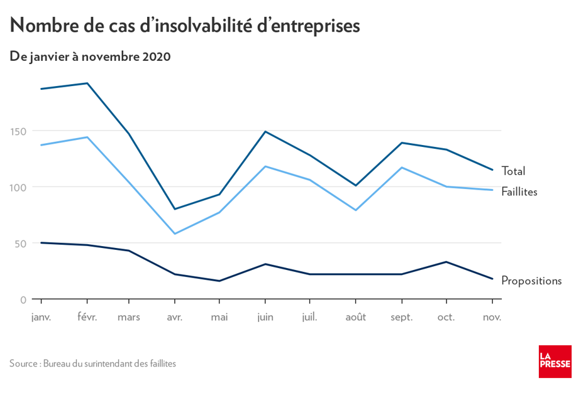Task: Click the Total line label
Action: tap(513, 171)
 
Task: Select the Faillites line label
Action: tap(519, 191)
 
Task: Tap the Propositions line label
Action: tap(531, 281)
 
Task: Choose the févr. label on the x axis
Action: tap(87, 317)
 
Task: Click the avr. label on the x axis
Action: tap(175, 317)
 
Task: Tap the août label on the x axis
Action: tap(355, 317)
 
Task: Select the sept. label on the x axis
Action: tap(401, 317)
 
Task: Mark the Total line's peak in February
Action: tap(87, 83)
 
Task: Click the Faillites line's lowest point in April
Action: tap(175, 234)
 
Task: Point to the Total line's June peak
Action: tap(265, 131)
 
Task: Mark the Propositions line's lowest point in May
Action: tap(219, 281)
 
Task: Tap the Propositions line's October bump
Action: tap(446, 262)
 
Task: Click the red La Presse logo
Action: tap(555, 362)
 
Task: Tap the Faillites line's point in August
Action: tap(355, 210)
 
